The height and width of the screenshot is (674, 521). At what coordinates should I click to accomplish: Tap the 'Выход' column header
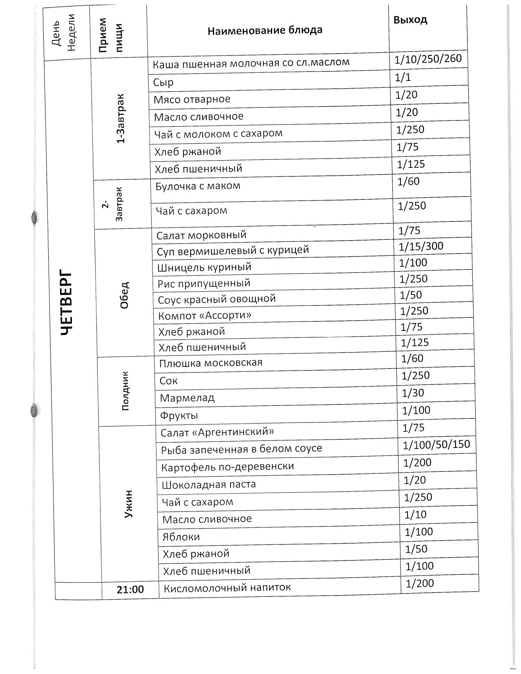click(x=410, y=20)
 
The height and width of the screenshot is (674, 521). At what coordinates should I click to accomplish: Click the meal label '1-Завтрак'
click(x=121, y=118)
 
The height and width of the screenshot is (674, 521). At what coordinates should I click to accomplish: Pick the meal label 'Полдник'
click(x=125, y=391)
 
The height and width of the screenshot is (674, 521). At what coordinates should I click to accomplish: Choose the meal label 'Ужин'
click(x=129, y=504)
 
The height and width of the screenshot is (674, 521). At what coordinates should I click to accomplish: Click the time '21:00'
click(x=130, y=589)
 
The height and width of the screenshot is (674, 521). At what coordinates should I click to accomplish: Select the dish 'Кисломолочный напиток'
click(x=227, y=588)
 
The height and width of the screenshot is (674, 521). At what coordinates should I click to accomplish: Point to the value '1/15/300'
click(x=421, y=246)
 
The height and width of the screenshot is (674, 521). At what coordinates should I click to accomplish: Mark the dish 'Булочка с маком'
click(x=198, y=186)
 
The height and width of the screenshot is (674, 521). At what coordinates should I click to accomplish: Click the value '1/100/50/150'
click(x=436, y=444)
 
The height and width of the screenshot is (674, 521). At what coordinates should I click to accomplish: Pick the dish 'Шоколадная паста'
click(x=209, y=485)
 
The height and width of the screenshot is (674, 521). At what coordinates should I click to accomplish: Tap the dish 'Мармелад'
click(x=187, y=398)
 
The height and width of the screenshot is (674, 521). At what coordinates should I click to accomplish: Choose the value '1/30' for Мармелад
click(x=413, y=393)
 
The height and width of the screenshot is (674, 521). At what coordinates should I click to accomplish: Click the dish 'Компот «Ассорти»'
click(x=205, y=315)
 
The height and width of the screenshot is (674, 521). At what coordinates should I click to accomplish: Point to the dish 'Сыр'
click(x=163, y=83)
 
